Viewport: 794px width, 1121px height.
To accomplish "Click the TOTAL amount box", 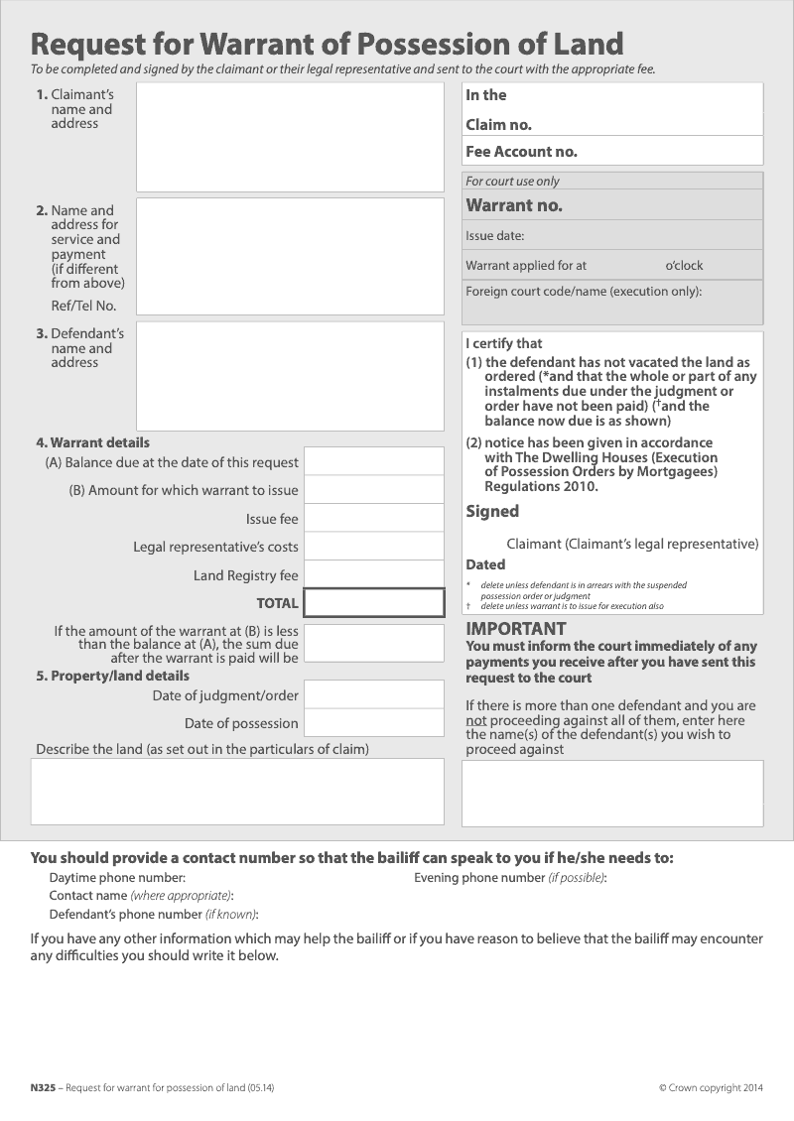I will pos(373,603).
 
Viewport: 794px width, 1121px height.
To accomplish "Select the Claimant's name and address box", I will pos(290,137).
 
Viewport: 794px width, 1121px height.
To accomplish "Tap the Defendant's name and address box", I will pos(290,376).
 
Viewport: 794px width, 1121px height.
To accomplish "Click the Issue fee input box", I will pos(373,518).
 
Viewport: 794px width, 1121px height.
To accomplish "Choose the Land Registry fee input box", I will pos(373,574).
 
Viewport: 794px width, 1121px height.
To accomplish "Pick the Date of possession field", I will pos(373,722).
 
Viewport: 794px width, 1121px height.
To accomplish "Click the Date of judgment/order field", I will pos(373,694).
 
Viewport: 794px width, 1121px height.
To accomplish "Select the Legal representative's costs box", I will pos(373,546).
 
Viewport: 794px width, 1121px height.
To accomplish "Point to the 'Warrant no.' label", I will pos(514,206).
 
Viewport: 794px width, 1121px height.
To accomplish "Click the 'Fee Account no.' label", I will pos(521,152).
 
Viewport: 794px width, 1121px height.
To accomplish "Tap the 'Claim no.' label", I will pos(498,125).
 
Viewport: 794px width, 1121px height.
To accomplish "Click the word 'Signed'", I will pos(492,512).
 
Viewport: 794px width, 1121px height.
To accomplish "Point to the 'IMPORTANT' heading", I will pos(516,629).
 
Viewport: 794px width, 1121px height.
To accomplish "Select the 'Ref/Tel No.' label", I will pos(83,306).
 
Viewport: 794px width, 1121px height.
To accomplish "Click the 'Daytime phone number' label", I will pos(117,878).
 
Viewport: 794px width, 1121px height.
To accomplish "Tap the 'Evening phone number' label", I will pos(479,878).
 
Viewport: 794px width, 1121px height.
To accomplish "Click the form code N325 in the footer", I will pos(43,1088).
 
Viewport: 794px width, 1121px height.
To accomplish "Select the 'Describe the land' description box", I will pos(237,792).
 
